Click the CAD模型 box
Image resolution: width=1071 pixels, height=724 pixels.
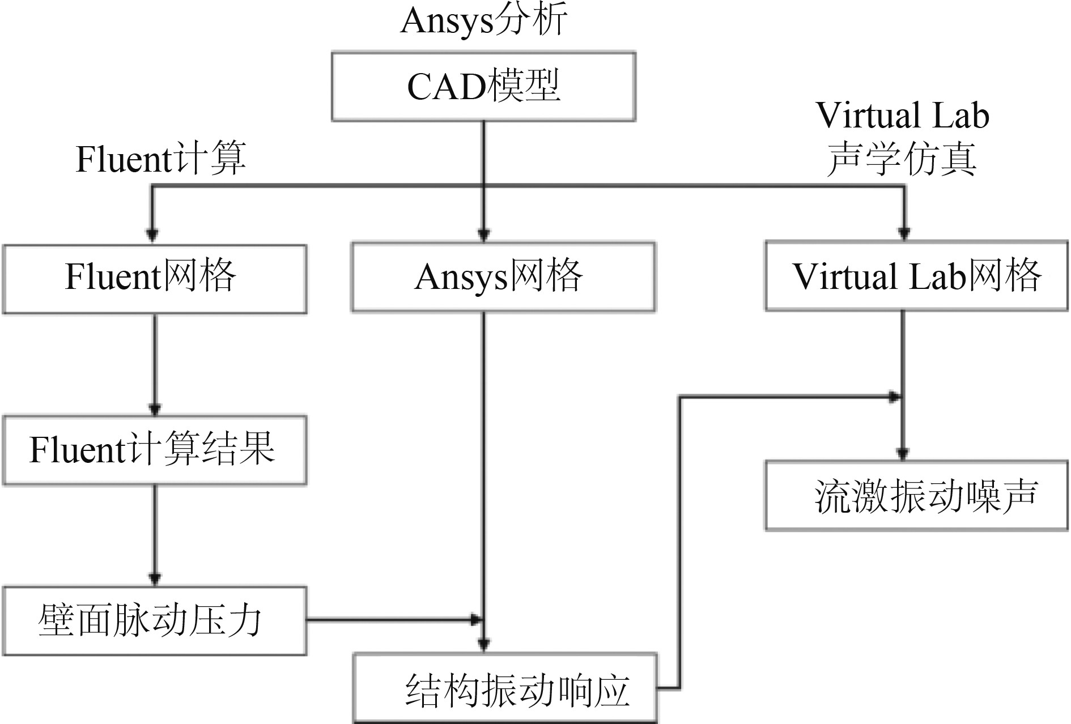tap(483, 87)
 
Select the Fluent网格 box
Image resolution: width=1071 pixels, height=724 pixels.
tap(155, 279)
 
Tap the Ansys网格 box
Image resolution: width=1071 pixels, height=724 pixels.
tap(503, 277)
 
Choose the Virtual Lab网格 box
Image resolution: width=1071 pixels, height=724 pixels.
tap(916, 276)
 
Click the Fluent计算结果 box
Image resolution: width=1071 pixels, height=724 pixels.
tap(155, 450)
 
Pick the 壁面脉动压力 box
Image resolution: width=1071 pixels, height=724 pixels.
tap(155, 621)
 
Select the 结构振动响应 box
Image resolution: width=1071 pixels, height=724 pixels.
tap(505, 688)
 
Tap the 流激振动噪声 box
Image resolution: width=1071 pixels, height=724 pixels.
tap(916, 496)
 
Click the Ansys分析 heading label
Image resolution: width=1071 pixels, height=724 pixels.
tap(483, 22)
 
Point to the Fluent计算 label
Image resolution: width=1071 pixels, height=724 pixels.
tap(161, 159)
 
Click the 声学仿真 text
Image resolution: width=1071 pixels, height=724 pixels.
tap(902, 160)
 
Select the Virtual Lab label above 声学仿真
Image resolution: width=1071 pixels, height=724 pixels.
tap(902, 116)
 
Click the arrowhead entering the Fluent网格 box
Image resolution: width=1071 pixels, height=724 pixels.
tap(152, 235)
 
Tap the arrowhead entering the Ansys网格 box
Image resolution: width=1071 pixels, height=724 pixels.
tap(483, 233)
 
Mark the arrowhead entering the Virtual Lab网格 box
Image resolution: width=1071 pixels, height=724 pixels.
tap(904, 232)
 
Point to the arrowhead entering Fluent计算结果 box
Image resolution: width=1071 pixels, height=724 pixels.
tap(155, 408)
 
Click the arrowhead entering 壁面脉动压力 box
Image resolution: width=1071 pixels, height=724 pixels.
tap(155, 578)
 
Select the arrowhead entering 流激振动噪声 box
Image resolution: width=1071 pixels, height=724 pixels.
tap(903, 453)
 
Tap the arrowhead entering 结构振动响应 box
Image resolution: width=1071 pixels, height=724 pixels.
tap(483, 644)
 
